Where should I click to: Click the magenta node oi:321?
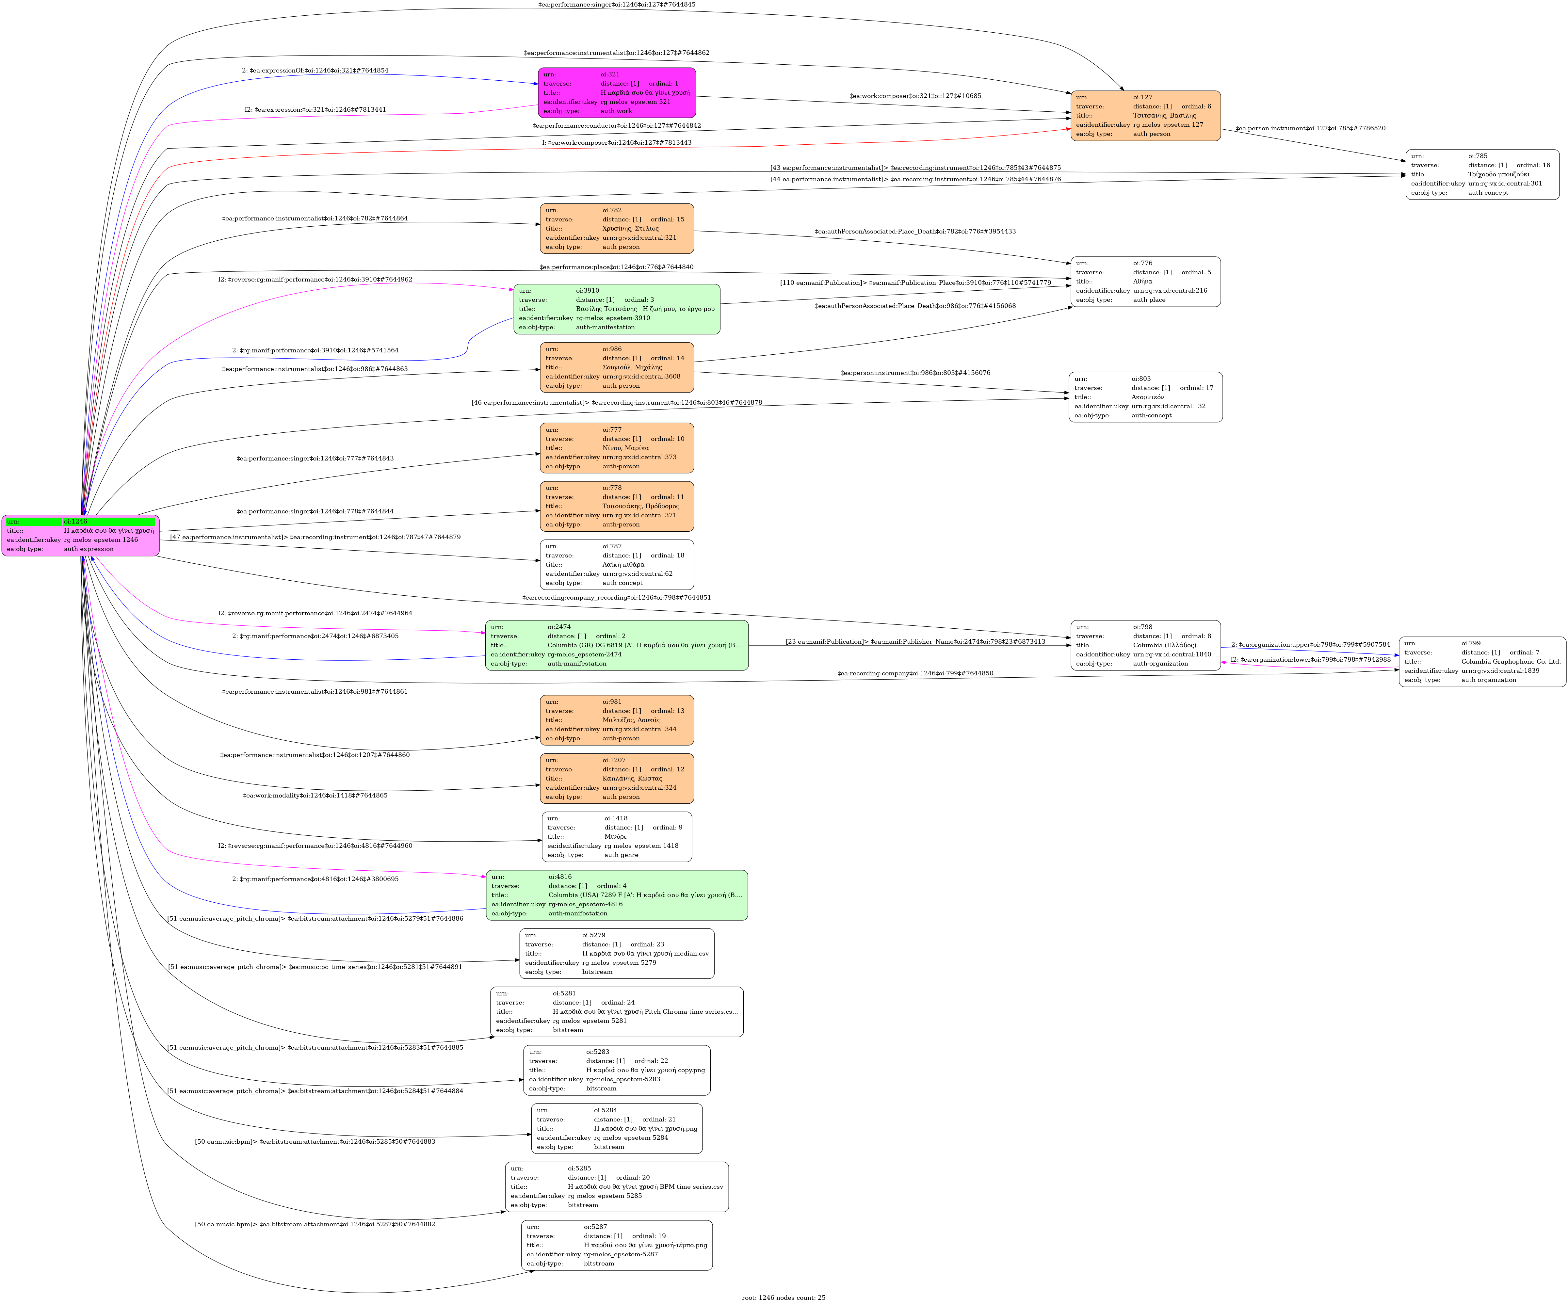coord(617,92)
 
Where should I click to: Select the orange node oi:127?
coord(1145,116)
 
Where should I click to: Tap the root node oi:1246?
coord(81,535)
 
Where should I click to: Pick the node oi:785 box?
coord(1482,175)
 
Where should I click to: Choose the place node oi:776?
coord(1145,282)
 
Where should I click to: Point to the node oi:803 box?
coord(1145,397)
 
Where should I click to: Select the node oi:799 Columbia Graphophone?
coord(1482,661)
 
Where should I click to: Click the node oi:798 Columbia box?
coord(1145,645)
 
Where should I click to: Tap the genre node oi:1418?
coord(617,837)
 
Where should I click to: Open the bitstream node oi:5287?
coord(617,1245)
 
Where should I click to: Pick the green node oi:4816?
coord(617,895)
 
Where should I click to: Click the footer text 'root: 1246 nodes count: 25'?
coord(783,1297)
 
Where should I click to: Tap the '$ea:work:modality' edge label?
coord(315,795)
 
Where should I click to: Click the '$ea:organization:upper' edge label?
coord(1310,644)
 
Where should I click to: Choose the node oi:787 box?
coord(617,564)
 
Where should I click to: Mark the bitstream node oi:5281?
coord(617,1012)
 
